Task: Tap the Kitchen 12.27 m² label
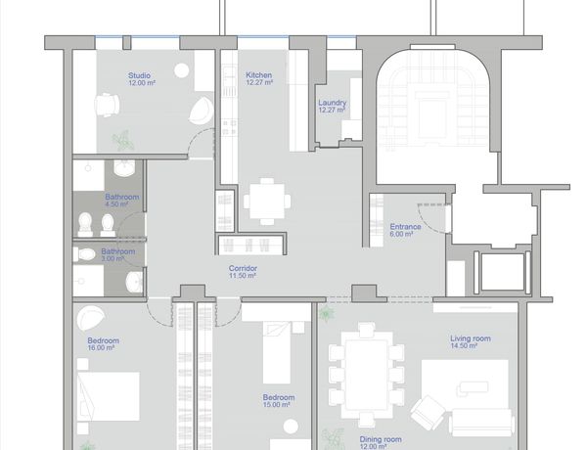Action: click(x=259, y=78)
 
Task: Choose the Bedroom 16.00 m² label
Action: click(x=103, y=344)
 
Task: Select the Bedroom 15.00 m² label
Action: click(x=279, y=401)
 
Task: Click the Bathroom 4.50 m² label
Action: click(x=121, y=201)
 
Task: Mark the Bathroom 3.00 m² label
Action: click(x=117, y=254)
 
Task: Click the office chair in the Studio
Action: click(x=107, y=106)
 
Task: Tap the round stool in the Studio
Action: click(x=182, y=70)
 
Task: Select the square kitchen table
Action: click(x=267, y=202)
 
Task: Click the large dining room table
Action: click(x=367, y=375)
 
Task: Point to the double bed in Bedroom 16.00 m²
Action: click(x=109, y=396)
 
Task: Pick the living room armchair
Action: click(x=428, y=413)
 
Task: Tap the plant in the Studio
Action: click(x=123, y=141)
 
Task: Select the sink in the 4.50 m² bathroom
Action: click(x=124, y=168)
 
